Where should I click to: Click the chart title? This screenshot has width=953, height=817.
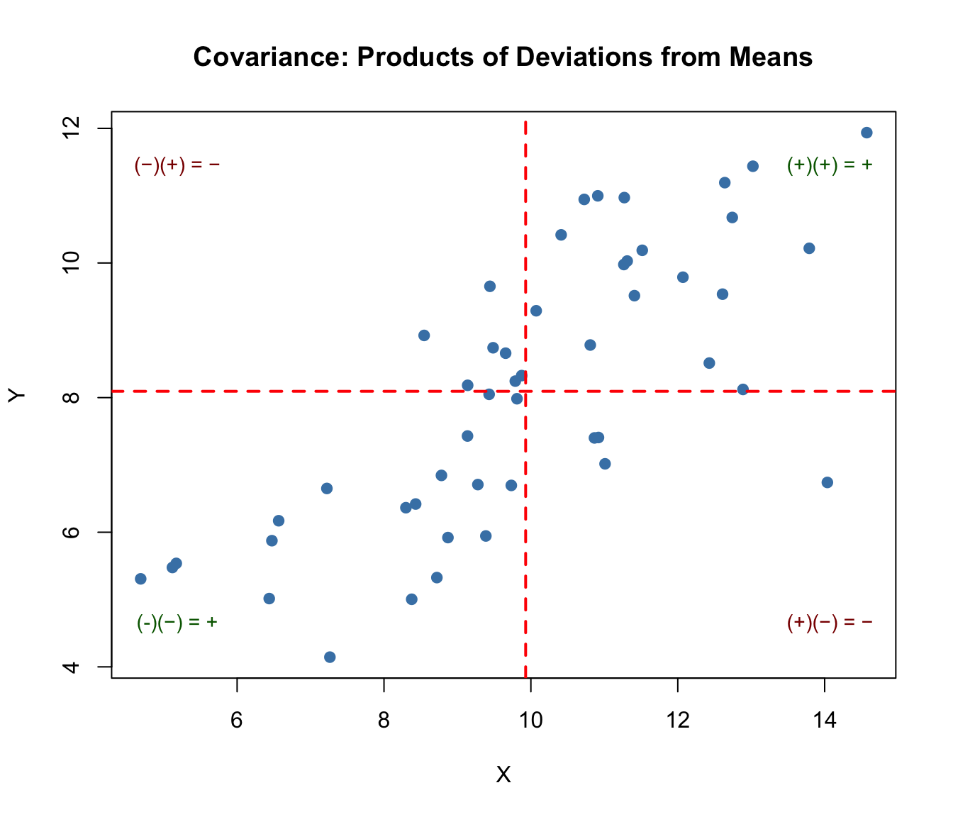(x=503, y=57)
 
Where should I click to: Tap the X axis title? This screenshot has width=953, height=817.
(x=503, y=775)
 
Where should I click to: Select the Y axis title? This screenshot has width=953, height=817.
(x=17, y=395)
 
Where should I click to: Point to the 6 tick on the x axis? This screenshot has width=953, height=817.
(x=237, y=721)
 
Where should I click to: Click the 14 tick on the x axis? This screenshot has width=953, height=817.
(x=825, y=721)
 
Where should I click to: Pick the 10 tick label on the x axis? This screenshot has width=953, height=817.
(x=530, y=721)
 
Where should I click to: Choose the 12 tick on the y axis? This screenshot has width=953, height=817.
(x=71, y=128)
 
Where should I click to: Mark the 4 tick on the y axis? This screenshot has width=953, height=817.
(x=71, y=667)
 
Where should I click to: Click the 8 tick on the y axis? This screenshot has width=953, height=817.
(x=71, y=398)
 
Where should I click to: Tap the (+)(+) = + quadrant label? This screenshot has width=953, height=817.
(x=830, y=165)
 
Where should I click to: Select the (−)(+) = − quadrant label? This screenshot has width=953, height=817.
(x=177, y=165)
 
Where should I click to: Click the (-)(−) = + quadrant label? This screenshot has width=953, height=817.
(x=177, y=623)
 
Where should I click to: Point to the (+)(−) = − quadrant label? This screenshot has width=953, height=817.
(x=830, y=623)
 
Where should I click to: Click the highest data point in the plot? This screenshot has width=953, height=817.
(x=866, y=133)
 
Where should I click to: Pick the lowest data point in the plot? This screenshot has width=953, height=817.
(x=330, y=657)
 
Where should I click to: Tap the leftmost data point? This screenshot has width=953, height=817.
(x=140, y=579)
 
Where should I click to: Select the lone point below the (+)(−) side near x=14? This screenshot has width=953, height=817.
(x=827, y=482)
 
